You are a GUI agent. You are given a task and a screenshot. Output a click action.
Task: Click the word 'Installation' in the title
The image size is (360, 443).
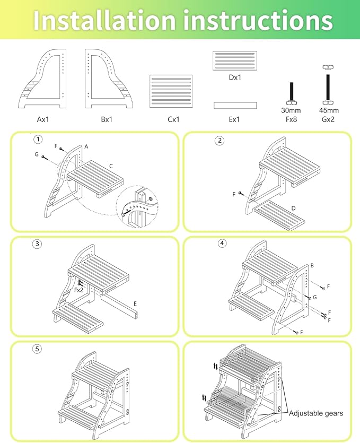coord(104,20)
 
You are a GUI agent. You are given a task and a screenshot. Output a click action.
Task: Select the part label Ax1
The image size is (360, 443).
coord(43,119)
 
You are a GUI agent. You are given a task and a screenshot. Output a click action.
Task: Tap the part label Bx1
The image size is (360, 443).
coord(107,119)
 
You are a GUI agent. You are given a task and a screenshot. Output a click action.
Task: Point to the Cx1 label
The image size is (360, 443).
coord(173,119)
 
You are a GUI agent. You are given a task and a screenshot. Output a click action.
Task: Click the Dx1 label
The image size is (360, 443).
coord(235,77)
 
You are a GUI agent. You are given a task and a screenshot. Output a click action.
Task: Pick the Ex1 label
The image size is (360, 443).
coord(234,119)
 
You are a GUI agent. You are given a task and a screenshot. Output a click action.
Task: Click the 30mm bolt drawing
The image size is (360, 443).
coord(292,93)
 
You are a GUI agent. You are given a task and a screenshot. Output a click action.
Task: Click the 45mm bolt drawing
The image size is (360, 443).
coord(328,85)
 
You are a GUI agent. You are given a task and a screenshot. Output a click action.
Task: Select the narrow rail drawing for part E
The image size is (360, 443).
coord(235,106)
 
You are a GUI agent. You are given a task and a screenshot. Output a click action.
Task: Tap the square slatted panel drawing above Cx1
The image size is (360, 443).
coord(171,91)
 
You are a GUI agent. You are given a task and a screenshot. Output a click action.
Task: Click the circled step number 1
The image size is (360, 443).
coord(38,140)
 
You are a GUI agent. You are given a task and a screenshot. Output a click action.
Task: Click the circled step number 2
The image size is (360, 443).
coord(220,141)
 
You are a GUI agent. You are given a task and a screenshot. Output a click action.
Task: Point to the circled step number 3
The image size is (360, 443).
coord(37,244)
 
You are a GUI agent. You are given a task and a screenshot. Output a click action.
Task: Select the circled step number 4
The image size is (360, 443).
coord(222,244)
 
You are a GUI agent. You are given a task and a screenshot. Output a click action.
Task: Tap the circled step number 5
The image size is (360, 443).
coord(37,349)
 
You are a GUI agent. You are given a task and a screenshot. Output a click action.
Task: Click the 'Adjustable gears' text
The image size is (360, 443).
coord(315,413)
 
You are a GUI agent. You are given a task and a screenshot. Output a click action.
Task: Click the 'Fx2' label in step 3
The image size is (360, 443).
coord(79,290)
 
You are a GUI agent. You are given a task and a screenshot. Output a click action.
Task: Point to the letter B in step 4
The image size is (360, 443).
coord(312,265)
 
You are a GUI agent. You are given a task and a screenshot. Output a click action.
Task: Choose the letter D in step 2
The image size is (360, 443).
coord(293,208)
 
